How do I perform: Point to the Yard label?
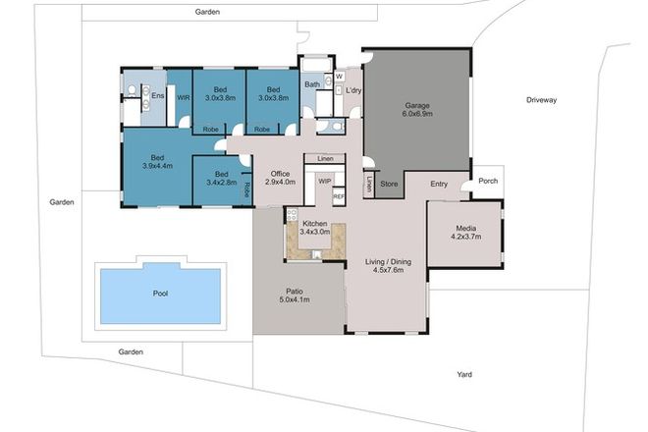pos(466,373)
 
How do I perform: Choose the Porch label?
pos(488,180)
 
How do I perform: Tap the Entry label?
pos(438,183)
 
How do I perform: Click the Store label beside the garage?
pos(390,183)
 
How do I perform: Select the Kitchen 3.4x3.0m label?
pos(315,230)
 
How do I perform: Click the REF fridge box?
pos(339,197)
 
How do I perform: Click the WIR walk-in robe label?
pos(183,96)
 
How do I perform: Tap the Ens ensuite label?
pos(157,96)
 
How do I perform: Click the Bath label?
pos(312,85)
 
